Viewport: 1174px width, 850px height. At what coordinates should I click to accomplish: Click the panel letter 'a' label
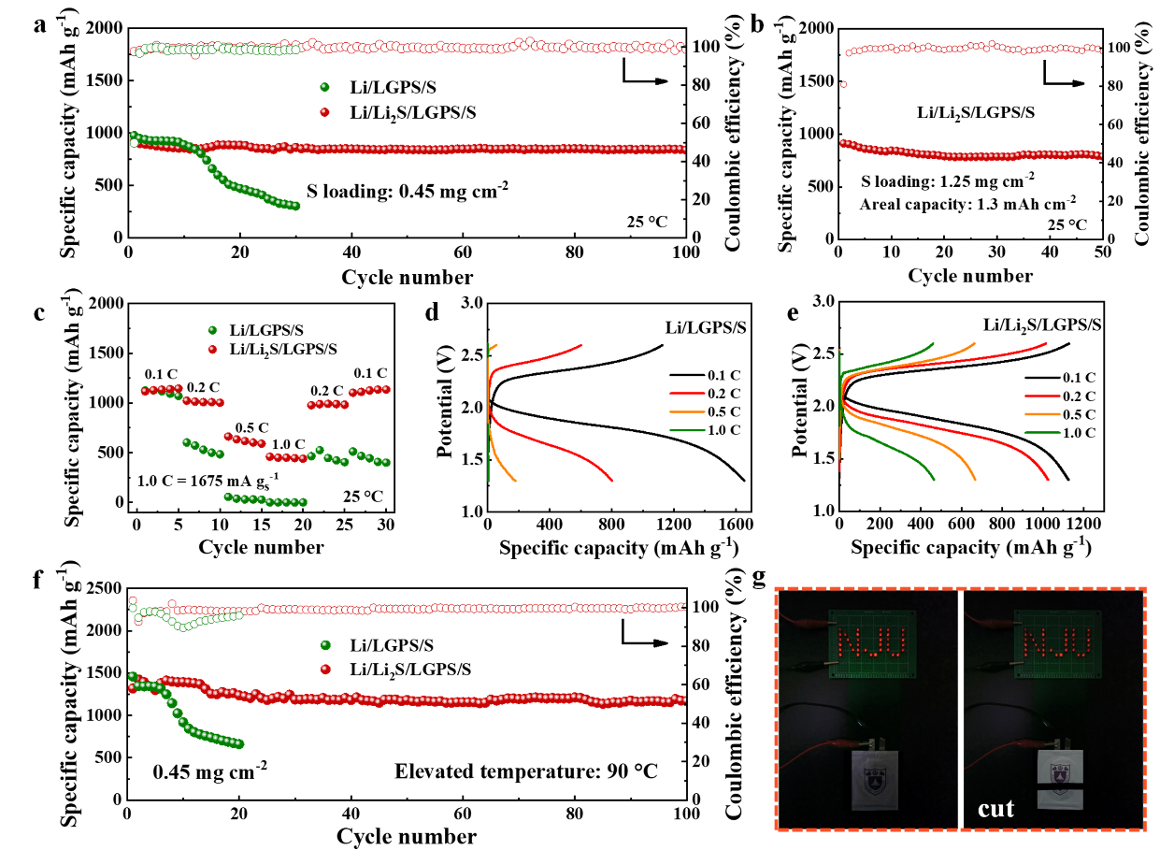(39, 25)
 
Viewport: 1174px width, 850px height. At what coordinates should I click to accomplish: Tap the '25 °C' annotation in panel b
(1067, 224)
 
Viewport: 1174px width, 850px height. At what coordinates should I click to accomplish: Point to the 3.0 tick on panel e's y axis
(823, 302)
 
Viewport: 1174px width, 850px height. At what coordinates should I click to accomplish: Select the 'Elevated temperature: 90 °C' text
(526, 771)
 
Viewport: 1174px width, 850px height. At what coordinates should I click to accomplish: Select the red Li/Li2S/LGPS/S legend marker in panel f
(327, 670)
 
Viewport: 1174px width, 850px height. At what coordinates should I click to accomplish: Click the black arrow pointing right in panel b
(1066, 80)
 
